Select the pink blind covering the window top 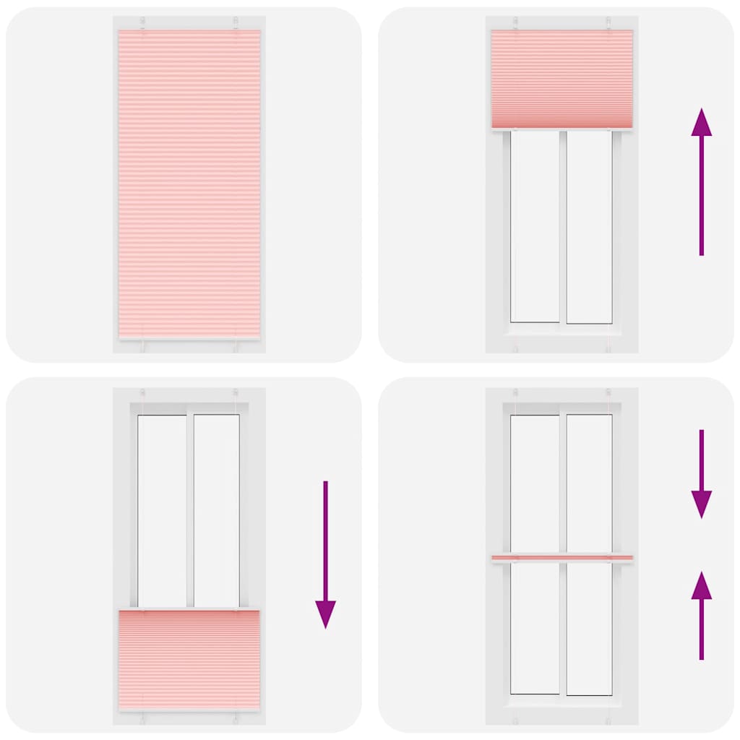[x=562, y=79]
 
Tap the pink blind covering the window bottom [x=189, y=660]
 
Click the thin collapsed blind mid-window [x=562, y=558]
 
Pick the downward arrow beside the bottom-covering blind [x=325, y=554]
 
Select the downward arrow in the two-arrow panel [x=701, y=473]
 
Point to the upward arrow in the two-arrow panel [x=701, y=615]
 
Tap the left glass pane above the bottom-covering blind [x=162, y=510]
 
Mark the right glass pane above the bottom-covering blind [x=216, y=510]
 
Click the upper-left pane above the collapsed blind [x=535, y=483]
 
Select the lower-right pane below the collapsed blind [x=589, y=628]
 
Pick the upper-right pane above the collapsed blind [x=589, y=483]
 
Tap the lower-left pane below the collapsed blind [x=535, y=628]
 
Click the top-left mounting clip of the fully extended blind [x=143, y=23]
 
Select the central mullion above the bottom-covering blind [x=189, y=510]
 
